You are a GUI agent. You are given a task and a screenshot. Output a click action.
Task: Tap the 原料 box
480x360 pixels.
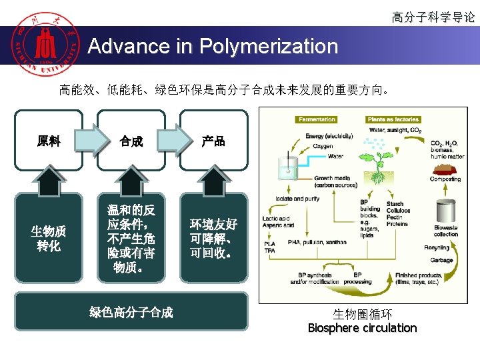(49, 141)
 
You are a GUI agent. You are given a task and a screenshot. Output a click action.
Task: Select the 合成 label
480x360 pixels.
(131, 141)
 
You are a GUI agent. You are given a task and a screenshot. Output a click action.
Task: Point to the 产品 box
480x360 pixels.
(213, 141)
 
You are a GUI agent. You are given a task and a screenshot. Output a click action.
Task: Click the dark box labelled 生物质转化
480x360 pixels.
(49, 239)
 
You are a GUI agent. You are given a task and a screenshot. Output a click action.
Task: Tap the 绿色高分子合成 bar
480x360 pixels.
(131, 312)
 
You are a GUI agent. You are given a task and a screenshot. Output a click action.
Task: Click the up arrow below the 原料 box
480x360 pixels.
(49, 178)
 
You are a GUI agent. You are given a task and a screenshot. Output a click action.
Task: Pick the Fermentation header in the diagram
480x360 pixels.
(317, 120)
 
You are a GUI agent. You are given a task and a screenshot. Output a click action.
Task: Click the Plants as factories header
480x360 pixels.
(393, 120)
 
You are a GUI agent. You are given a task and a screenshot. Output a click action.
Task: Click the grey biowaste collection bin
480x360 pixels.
(445, 210)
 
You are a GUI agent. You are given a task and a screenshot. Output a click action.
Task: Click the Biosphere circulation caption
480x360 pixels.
(362, 328)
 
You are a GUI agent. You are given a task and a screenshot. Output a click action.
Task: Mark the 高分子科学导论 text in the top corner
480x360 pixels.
(433, 17)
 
